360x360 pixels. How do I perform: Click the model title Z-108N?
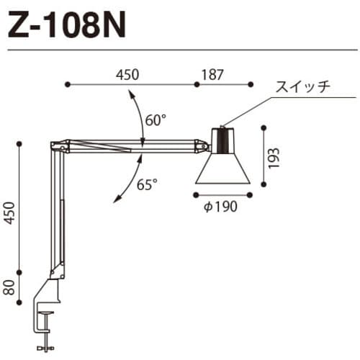tap(67, 27)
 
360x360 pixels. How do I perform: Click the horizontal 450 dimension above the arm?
tap(127, 75)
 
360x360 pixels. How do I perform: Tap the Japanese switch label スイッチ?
tap(302, 89)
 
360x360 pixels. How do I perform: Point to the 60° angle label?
tap(155, 121)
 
